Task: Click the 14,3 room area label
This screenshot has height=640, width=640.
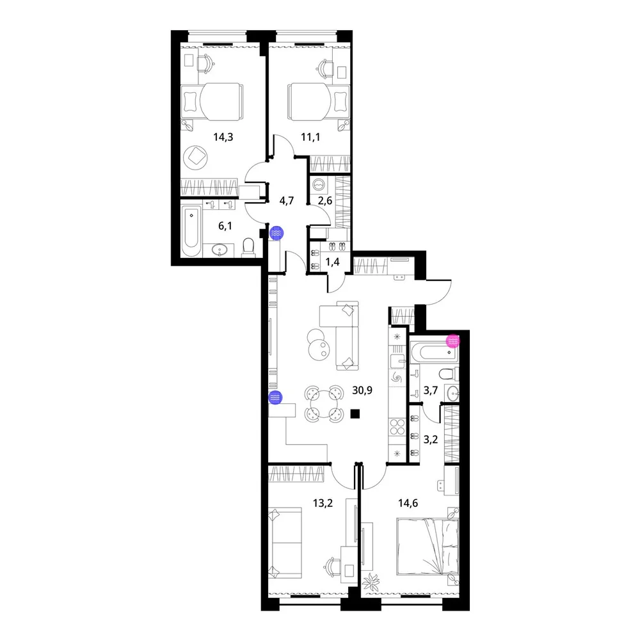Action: click(x=223, y=137)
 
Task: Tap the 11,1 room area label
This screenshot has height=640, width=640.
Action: click(x=310, y=137)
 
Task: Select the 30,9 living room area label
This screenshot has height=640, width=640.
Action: click(x=362, y=390)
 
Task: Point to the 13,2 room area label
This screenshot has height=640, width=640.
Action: click(x=323, y=503)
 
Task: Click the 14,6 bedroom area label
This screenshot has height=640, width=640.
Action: click(x=408, y=503)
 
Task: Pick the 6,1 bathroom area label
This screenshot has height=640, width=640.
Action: click(x=225, y=226)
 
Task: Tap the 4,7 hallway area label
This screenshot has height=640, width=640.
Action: click(x=287, y=201)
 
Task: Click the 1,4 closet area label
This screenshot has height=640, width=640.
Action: click(x=332, y=262)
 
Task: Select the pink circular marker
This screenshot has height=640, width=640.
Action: click(x=453, y=341)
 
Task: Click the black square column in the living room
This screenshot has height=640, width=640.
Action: click(x=355, y=414)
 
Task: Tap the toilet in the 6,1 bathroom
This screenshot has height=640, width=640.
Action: click(x=248, y=248)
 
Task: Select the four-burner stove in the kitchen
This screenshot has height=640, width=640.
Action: click(x=396, y=427)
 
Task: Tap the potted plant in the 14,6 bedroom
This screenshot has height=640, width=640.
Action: click(x=371, y=582)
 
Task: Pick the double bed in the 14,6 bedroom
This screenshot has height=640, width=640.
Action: click(x=428, y=546)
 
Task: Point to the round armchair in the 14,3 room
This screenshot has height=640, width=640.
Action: click(x=195, y=157)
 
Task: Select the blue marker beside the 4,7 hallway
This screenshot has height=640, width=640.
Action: click(x=276, y=233)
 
